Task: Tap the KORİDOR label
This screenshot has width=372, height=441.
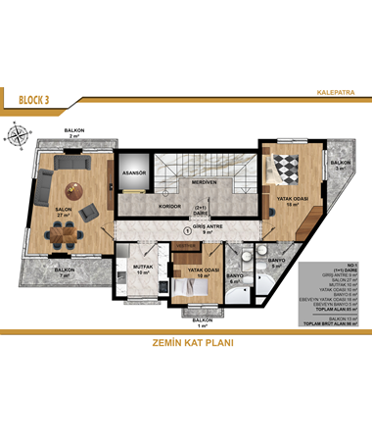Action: (x=144, y=208)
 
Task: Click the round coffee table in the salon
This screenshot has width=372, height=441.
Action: (x=71, y=188)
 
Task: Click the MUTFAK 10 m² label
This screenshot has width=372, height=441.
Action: (x=143, y=270)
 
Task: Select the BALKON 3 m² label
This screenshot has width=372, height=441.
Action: (x=340, y=165)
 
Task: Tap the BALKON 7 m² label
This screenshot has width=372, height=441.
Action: (x=66, y=272)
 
